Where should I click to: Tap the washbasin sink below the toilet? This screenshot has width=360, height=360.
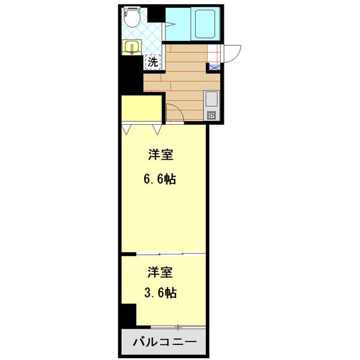[131, 46]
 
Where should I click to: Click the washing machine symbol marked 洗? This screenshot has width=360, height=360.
[153, 61]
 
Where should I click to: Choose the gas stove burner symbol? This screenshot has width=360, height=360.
[212, 115]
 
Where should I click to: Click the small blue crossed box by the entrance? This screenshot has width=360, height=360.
[214, 68]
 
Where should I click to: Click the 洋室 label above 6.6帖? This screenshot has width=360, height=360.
[161, 155]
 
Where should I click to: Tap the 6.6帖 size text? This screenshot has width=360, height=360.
[161, 179]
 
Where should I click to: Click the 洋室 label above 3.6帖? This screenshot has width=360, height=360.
[161, 272]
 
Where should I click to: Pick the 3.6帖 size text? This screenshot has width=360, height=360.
[161, 293]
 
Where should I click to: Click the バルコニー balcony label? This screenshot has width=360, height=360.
[164, 344]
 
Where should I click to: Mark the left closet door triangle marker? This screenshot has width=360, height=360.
[128, 129]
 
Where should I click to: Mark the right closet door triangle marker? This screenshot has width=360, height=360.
[158, 129]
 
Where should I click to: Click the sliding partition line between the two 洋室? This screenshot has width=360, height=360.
[164, 254]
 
